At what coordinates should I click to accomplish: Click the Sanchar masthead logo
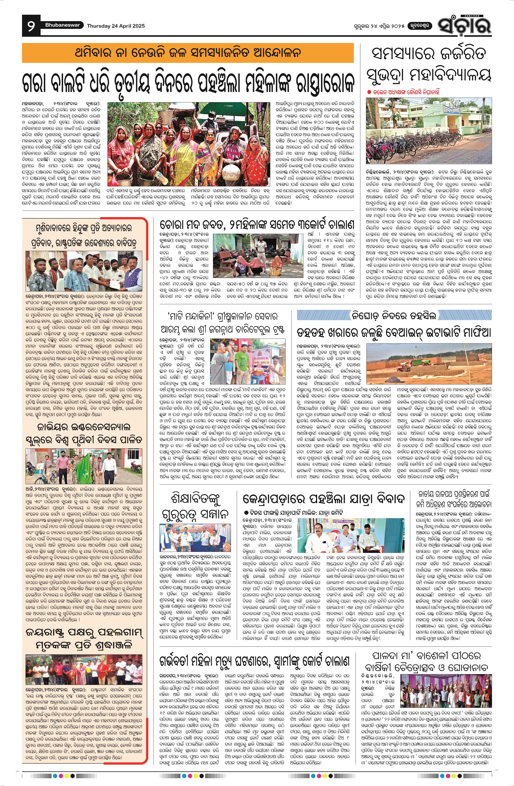point(464,25)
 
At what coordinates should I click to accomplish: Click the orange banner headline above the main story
point(188,53)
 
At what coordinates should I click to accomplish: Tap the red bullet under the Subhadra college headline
point(369,92)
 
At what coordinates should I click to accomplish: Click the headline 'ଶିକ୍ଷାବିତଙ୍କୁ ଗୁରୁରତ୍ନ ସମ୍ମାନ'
point(195,506)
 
